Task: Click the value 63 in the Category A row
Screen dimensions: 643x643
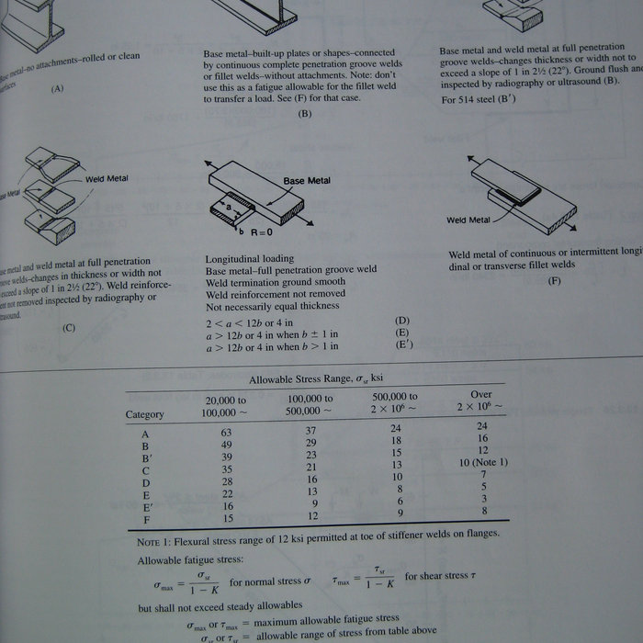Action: pos(226,432)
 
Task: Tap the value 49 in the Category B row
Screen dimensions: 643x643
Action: pos(226,445)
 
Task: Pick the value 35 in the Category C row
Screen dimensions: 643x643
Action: pos(227,470)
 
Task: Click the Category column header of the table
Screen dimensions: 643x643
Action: pos(144,414)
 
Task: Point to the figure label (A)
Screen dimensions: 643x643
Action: pos(58,88)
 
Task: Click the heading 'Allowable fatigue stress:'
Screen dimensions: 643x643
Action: pos(190,560)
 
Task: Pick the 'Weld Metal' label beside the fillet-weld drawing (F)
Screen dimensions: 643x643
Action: pos(468,220)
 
